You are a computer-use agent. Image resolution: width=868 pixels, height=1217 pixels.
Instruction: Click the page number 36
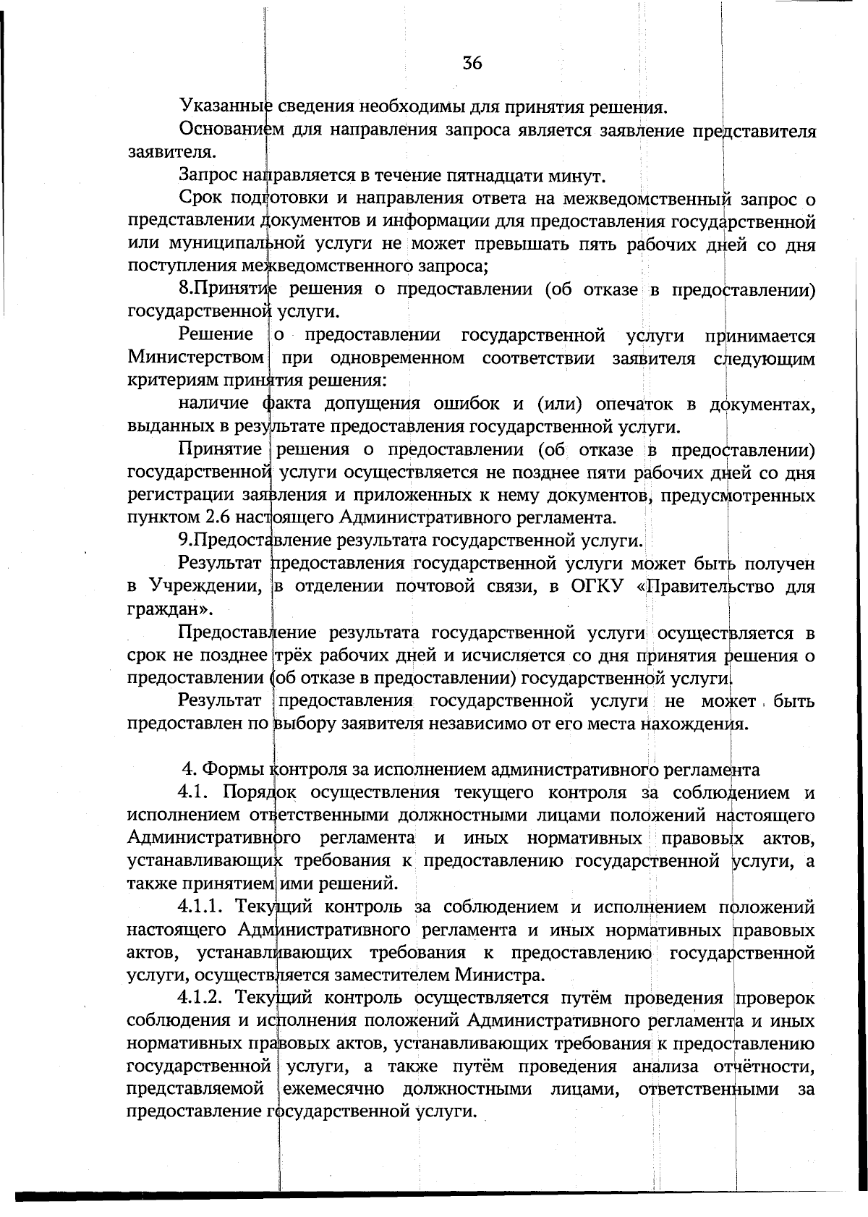[472, 63]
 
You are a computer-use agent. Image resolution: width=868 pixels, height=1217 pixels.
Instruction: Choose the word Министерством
[195, 358]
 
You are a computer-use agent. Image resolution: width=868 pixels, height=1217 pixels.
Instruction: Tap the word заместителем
[396, 975]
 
